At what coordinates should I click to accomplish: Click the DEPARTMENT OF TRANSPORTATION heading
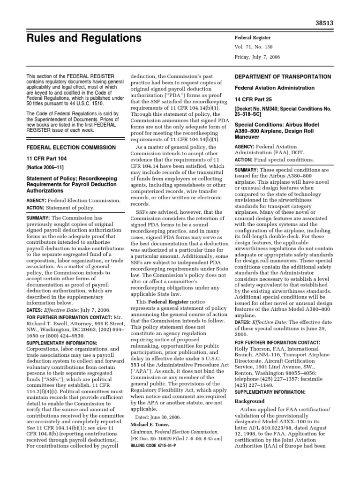(289, 77)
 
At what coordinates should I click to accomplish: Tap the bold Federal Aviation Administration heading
(274, 88)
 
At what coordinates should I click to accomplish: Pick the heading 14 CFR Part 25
(253, 99)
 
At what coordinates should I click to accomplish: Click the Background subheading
(249, 401)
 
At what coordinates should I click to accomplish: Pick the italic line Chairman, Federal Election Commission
(174, 431)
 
